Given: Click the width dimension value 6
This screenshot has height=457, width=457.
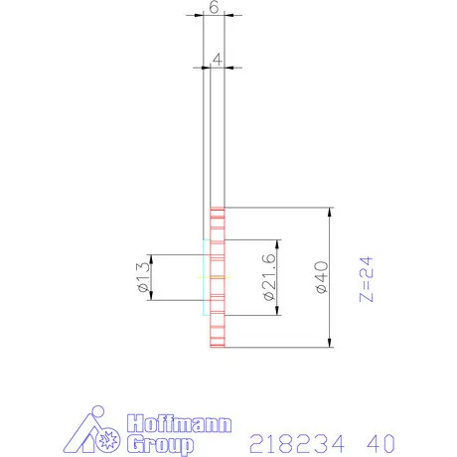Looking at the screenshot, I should pyautogui.click(x=214, y=7).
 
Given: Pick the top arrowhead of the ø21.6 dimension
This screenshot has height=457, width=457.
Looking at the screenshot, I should pyautogui.click(x=275, y=244).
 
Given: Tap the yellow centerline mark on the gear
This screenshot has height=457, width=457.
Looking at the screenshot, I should pyautogui.click(x=221, y=277).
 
